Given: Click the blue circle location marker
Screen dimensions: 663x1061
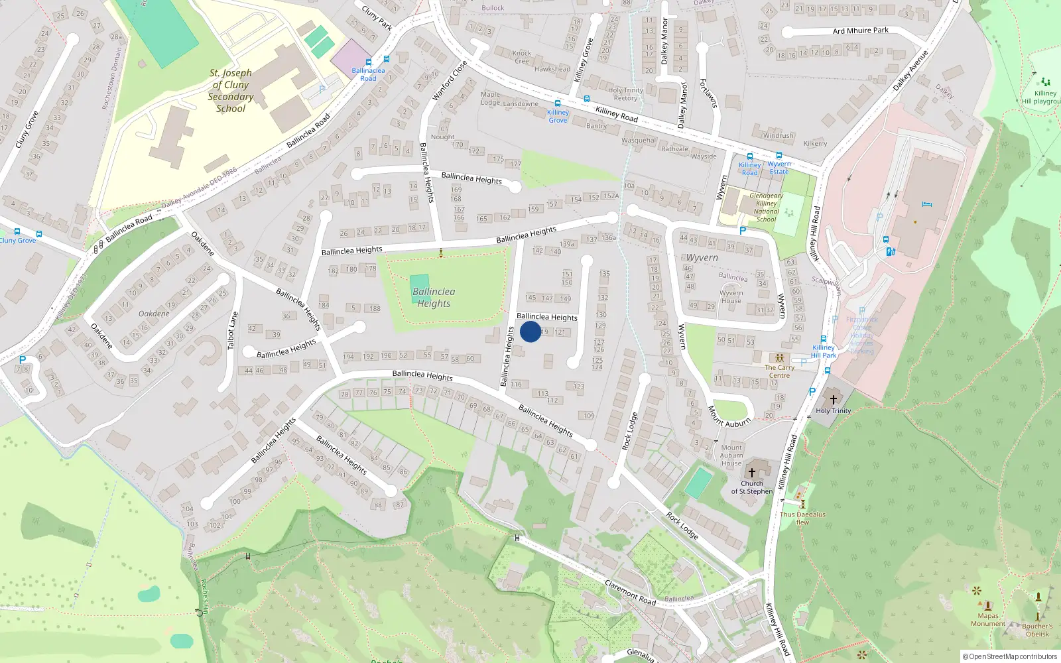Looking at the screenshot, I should [530, 331].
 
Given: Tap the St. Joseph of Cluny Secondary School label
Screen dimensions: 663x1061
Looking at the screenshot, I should [231, 91].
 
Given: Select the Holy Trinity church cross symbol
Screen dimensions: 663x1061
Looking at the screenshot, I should [834, 399].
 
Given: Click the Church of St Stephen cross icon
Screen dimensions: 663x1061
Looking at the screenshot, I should [751, 472].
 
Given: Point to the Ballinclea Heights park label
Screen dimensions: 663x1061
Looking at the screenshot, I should [434, 298].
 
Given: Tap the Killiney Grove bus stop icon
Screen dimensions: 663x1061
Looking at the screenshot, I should [557, 103].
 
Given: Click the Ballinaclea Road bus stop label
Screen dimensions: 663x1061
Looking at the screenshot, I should [368, 74].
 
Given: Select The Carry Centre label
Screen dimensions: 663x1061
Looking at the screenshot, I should [779, 371].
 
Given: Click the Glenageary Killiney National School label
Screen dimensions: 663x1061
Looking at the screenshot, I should [766, 208].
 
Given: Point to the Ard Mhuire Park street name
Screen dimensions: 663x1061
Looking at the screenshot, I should [860, 30].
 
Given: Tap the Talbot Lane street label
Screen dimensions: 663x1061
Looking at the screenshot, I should [232, 331].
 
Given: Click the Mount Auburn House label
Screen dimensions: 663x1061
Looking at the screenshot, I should [731, 455].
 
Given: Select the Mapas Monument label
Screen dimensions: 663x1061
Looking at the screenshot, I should [987, 619].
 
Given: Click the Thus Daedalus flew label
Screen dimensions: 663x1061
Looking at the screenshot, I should [802, 518].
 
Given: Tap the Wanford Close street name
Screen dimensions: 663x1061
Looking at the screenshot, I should [450, 80].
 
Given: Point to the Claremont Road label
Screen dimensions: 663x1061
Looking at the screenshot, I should [630, 592].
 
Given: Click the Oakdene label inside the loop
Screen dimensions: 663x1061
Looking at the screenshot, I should [154, 314].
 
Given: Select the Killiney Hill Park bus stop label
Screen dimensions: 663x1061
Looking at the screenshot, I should [824, 351].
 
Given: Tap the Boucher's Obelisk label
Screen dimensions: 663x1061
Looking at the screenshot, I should [1037, 630].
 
